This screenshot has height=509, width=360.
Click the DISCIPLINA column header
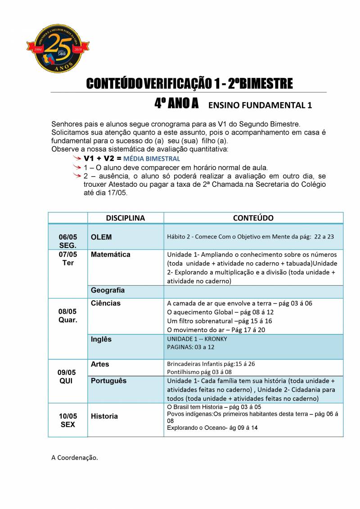[x=125, y=218]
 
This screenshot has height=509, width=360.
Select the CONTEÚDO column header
[x=253, y=218]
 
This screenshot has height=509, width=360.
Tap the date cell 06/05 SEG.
[x=68, y=241]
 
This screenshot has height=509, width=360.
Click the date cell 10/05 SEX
[x=68, y=420]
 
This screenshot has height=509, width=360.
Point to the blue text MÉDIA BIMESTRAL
[x=152, y=159]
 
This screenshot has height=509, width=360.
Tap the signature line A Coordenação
[x=74, y=458]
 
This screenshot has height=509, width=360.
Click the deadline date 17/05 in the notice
[x=119, y=193]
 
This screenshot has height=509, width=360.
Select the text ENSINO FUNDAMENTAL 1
[x=260, y=105]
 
